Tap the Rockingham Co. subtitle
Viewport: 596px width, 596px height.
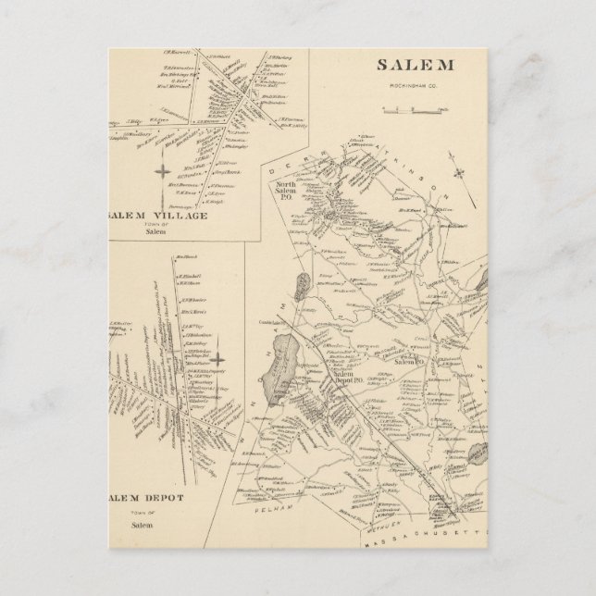click(414, 89)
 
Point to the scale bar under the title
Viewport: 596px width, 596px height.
click(404, 112)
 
